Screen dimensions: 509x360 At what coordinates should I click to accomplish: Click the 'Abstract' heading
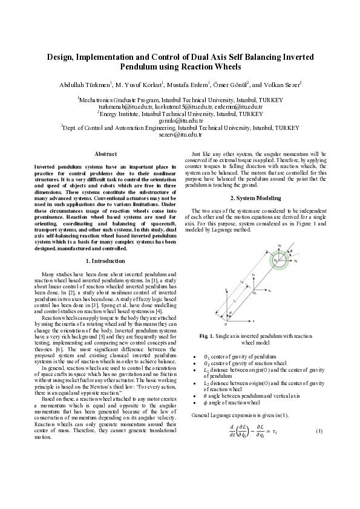pyautogui.click(x=106, y=155)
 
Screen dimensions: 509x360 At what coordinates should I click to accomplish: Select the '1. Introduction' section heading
pyautogui.click(x=106, y=261)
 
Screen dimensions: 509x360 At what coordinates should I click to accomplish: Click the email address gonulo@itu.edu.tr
pyautogui.click(x=180, y=120)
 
